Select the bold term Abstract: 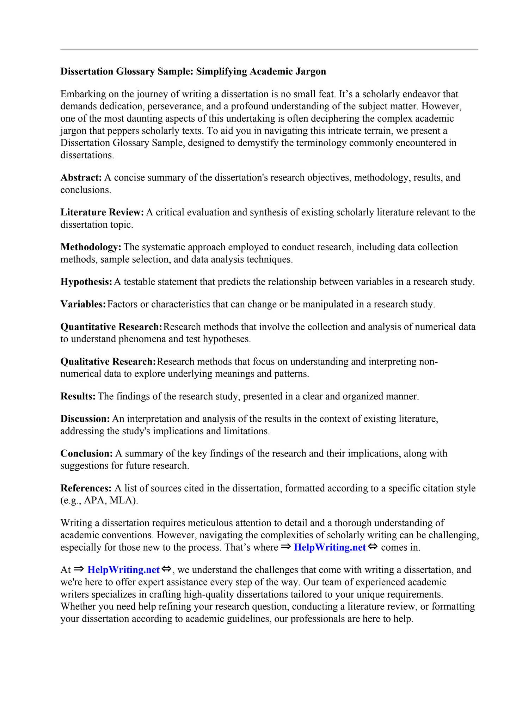[x=81, y=178]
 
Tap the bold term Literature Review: [x=102, y=212]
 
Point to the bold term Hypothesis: [x=86, y=282]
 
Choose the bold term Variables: [x=83, y=304]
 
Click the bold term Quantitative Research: [x=111, y=327]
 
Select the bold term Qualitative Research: [x=108, y=362]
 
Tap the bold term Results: [x=78, y=397]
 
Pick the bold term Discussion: [x=85, y=419]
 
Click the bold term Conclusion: [x=86, y=453]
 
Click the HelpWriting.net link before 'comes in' [x=330, y=547]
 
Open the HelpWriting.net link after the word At [x=123, y=570]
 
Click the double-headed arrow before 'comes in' [x=373, y=547]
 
